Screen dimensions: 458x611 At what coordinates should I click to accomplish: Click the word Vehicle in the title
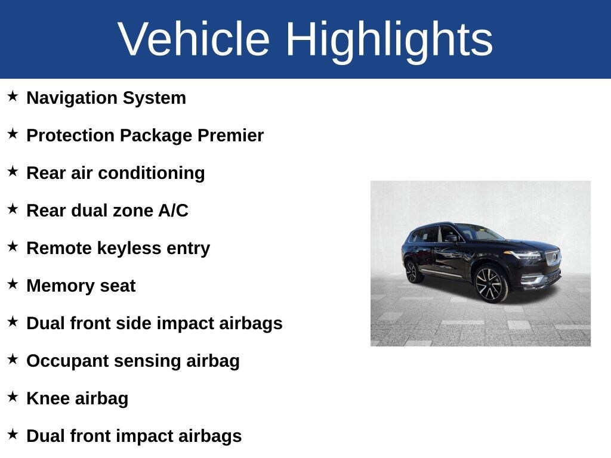tap(194, 39)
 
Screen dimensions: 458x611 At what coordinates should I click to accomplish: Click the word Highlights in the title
tap(389, 39)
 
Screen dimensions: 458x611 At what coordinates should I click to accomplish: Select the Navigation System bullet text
tap(106, 98)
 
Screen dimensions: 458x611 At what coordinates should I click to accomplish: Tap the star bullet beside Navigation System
tap(13, 96)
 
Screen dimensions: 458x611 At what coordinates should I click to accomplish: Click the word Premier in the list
tap(230, 135)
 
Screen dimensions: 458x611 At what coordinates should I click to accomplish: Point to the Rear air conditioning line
tap(115, 173)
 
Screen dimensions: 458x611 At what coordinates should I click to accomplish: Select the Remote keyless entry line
tap(118, 248)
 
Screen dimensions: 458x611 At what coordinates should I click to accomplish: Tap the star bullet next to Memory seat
tap(13, 284)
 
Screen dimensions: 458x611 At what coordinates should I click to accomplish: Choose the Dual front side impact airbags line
tap(154, 323)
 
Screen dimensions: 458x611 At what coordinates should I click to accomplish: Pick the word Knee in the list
tap(47, 398)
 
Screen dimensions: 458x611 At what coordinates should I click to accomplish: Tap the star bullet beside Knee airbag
tap(13, 397)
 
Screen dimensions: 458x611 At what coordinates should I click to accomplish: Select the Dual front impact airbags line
tap(134, 436)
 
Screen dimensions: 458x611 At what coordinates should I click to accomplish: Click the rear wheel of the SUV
tap(412, 271)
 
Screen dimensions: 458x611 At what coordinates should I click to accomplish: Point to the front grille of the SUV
tap(553, 258)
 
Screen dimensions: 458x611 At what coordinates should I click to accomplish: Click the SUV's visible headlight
tap(526, 255)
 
